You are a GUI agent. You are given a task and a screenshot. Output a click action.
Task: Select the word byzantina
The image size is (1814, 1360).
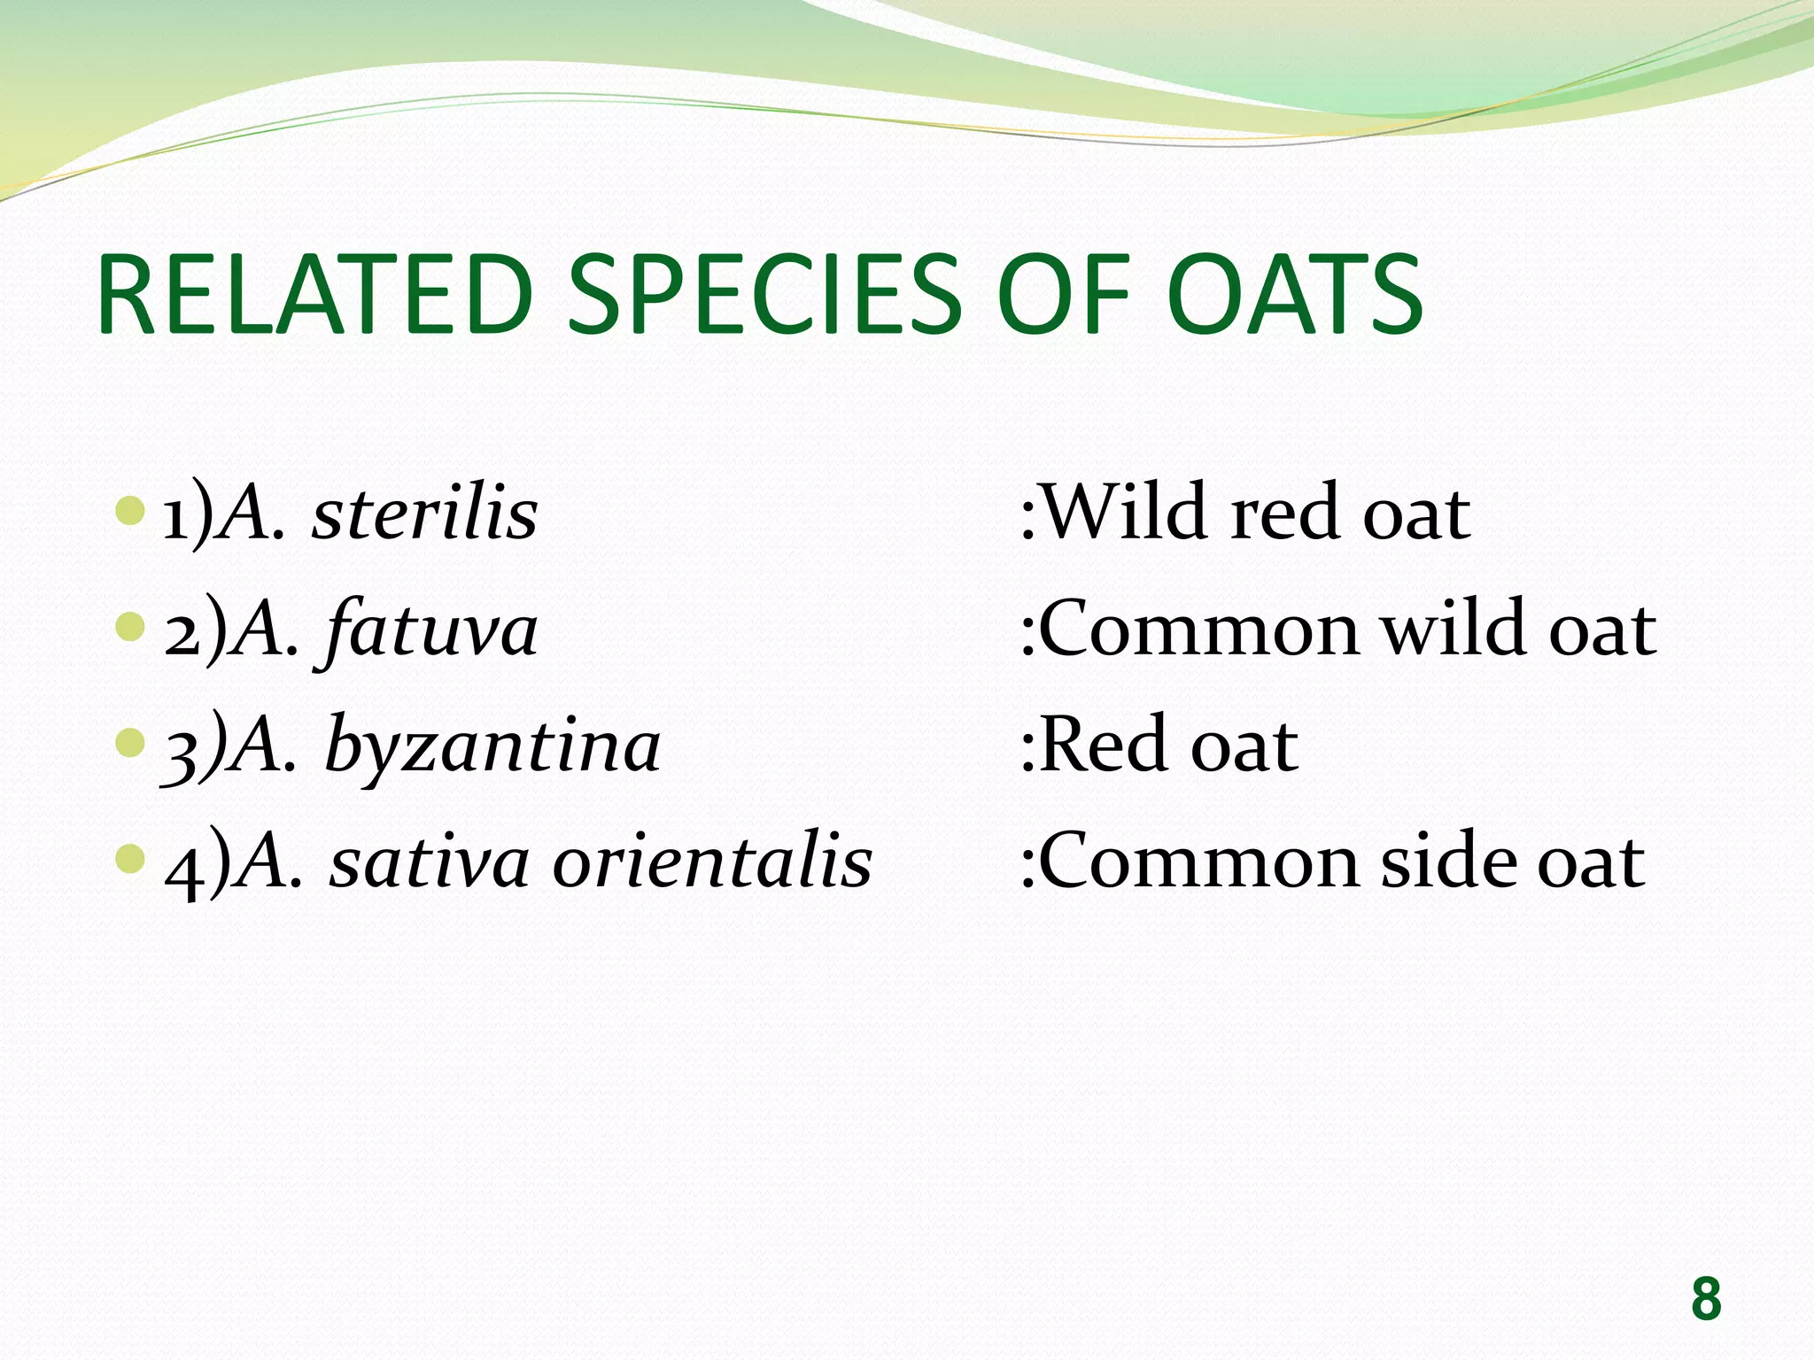[x=492, y=747]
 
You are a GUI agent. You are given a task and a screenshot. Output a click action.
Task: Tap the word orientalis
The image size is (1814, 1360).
[x=712, y=862]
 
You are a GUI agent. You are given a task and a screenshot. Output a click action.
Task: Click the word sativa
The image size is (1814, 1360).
[x=430, y=862]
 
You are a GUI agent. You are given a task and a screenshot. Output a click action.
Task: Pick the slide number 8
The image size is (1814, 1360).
[x=1705, y=1299]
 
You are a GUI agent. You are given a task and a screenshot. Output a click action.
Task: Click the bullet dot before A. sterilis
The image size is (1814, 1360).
[x=130, y=510]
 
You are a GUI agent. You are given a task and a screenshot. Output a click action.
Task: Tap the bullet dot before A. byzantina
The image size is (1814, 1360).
[x=130, y=742]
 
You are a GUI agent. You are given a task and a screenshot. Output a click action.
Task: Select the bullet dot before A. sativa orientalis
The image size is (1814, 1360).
[x=130, y=858]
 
